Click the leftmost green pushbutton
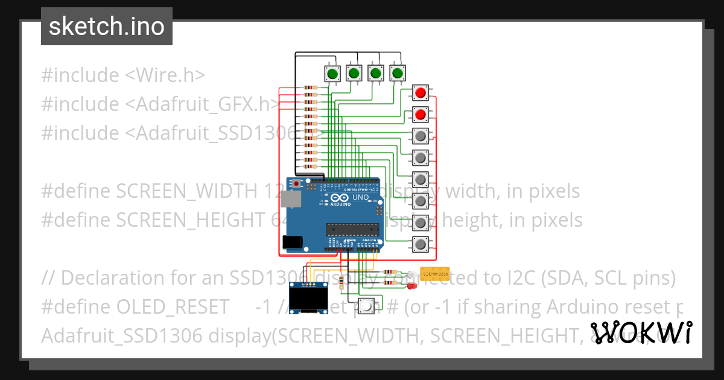point(332,74)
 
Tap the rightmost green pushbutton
point(397,74)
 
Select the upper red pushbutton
point(421,93)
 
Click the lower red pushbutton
point(421,114)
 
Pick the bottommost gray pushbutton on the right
point(421,244)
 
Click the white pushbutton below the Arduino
point(366,305)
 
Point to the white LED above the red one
point(412,275)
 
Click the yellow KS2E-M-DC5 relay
point(434,273)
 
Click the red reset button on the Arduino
point(296,183)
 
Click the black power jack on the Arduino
point(293,242)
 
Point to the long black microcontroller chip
point(352,229)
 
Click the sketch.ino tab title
point(107,27)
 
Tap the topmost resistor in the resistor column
point(310,88)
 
